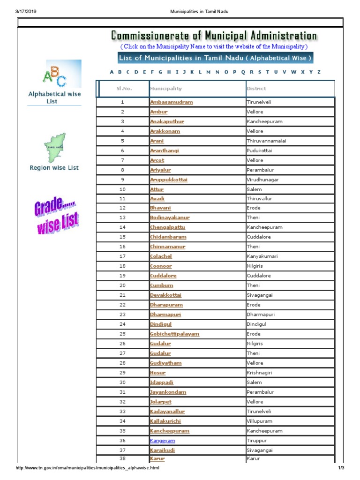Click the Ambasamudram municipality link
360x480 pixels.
171,102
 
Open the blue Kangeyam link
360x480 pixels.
162,441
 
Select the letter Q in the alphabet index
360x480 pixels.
243,72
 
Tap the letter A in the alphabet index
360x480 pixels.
112,72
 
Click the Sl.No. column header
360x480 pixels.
124,89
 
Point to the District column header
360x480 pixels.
256,89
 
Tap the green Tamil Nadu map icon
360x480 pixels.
54,146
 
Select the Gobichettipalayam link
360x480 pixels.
174,334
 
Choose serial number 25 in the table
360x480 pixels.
123,334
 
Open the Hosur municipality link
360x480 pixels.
157,373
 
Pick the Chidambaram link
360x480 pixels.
168,237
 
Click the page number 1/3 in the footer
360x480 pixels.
341,468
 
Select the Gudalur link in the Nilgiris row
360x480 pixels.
160,344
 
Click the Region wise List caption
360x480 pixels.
54,168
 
